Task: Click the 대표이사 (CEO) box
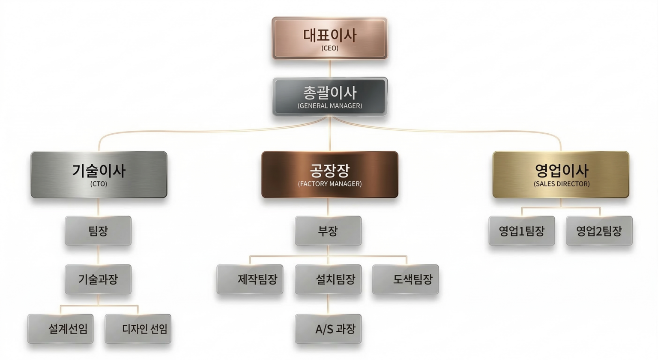(329, 38)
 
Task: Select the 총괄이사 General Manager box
(330, 96)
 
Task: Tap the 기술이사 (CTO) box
(99, 174)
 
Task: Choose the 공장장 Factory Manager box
(330, 174)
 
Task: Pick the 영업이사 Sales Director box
(561, 174)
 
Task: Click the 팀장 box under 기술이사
(98, 231)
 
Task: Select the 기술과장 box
(98, 279)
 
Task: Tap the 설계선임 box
(60, 329)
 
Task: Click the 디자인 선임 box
(138, 329)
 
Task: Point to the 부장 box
(328, 231)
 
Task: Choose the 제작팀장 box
(250, 279)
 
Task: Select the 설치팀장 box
(328, 279)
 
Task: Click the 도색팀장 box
(405, 279)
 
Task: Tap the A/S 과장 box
(328, 329)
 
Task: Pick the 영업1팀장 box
(522, 231)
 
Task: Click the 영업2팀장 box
(599, 231)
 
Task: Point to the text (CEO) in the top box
(330, 48)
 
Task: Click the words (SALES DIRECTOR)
(562, 184)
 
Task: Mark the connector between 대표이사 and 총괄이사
(329, 69)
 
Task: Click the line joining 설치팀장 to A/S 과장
(328, 304)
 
